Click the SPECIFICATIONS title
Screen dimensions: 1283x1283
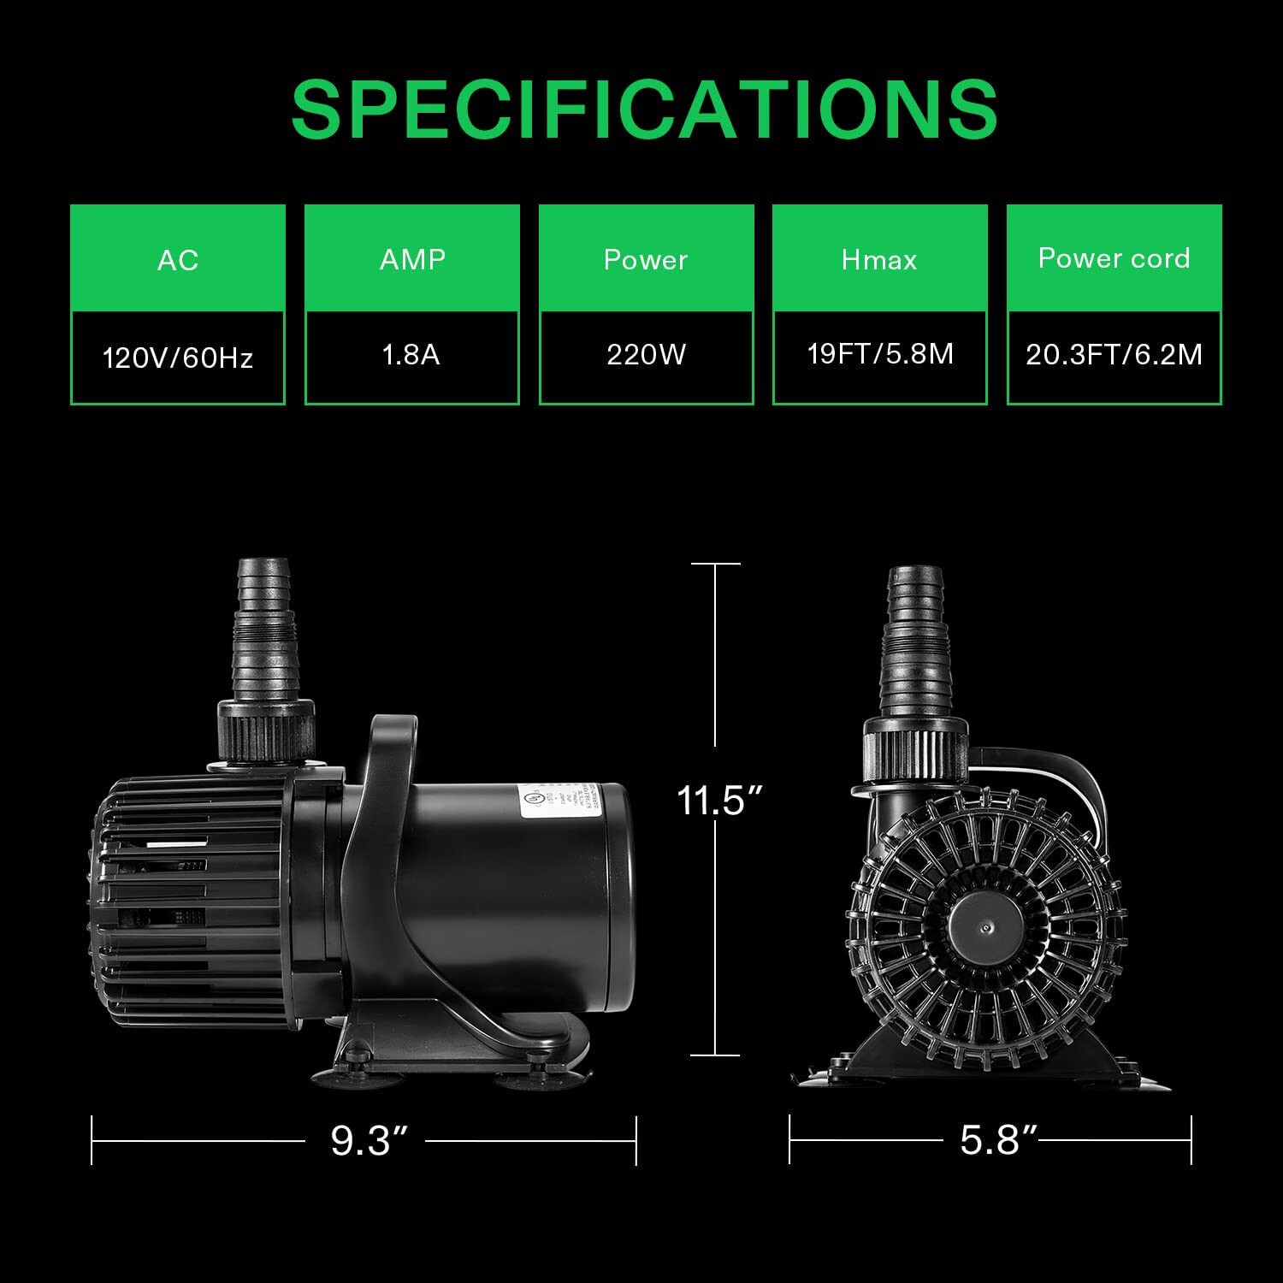pos(644,109)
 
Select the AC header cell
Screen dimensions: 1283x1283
pos(178,259)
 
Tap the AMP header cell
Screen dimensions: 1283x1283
pos(412,259)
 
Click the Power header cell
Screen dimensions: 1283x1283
pos(646,259)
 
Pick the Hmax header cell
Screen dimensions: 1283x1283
pos(879,259)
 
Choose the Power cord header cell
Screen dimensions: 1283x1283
pos(1114,258)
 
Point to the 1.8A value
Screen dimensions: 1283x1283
pos(411,355)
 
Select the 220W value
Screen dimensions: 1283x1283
pos(646,355)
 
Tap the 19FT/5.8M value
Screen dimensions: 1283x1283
pos(880,354)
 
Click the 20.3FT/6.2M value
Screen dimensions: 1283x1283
pos(1114,355)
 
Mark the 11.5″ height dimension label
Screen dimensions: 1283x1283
pos(718,801)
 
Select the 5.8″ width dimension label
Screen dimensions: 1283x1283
pos(997,1141)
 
